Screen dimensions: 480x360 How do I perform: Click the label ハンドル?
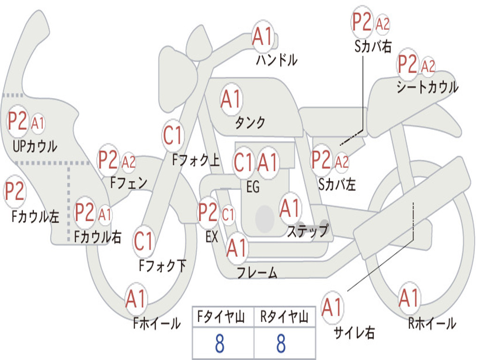pyautogui.click(x=277, y=60)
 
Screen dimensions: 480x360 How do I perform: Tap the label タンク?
pyautogui.click(x=250, y=122)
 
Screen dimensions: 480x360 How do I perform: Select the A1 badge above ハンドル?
pyautogui.click(x=262, y=36)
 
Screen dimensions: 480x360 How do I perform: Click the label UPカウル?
pyautogui.click(x=35, y=146)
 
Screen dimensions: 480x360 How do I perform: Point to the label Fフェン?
pyautogui.click(x=128, y=182)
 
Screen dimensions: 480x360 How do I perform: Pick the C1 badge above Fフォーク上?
pyautogui.click(x=172, y=136)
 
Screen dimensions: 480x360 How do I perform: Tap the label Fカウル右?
pyautogui.click(x=97, y=237)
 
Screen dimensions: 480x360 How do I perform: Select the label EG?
pyautogui.click(x=252, y=187)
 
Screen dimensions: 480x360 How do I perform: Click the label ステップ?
pyautogui.click(x=307, y=231)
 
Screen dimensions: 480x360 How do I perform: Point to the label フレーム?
pyautogui.click(x=257, y=272)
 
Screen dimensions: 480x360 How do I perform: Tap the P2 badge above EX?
pyautogui.click(x=208, y=213)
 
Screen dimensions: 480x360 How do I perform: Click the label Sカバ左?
pyautogui.click(x=337, y=184)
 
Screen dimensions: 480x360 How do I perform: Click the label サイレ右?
pyautogui.click(x=354, y=333)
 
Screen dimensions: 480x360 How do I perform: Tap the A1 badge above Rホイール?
pyautogui.click(x=409, y=298)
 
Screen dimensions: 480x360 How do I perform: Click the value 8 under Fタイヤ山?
pyautogui.click(x=219, y=344)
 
